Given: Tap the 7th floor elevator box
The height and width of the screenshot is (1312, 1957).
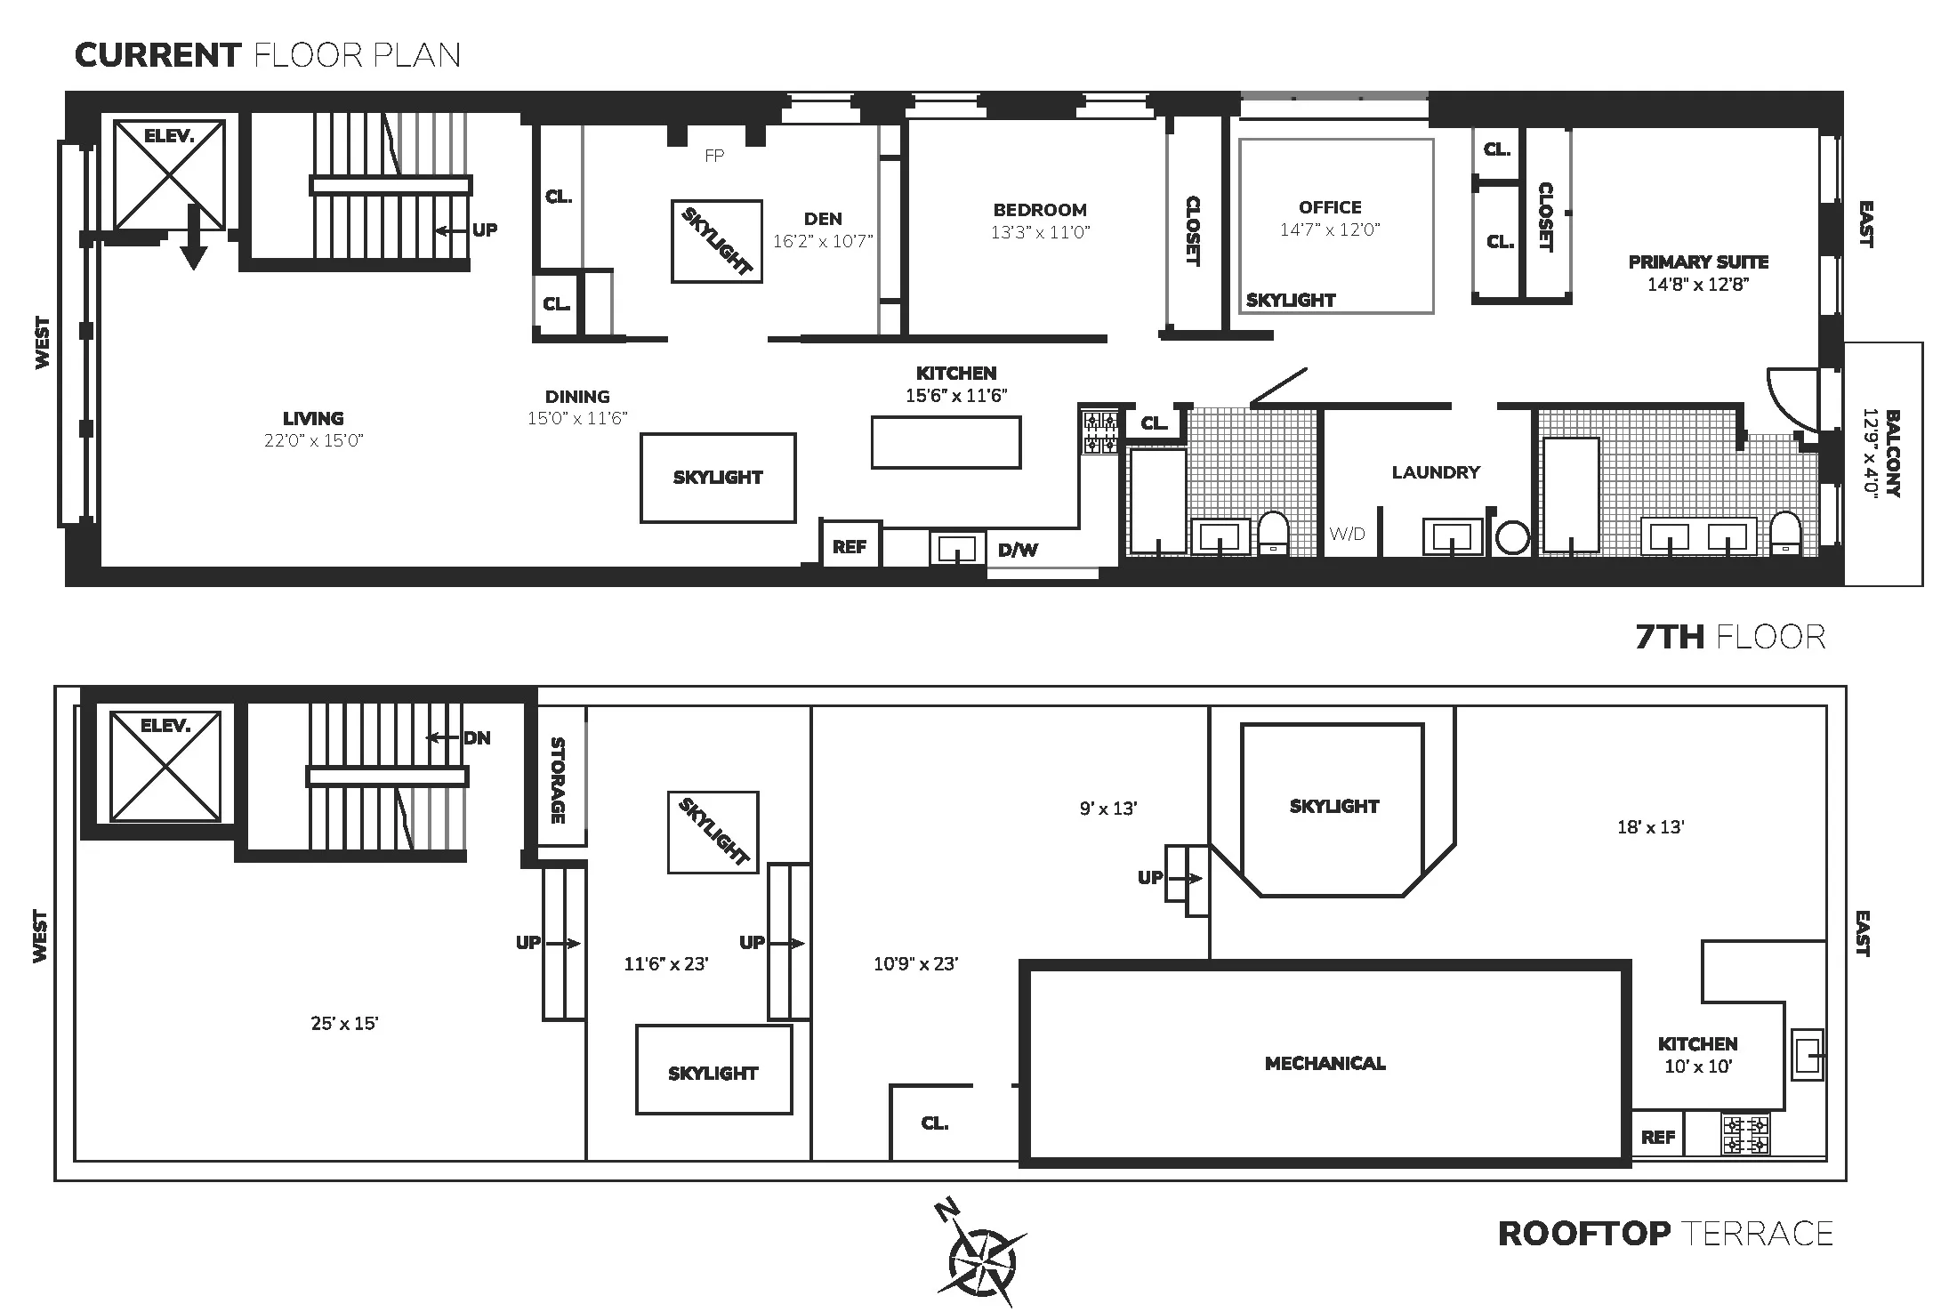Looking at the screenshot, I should (169, 175).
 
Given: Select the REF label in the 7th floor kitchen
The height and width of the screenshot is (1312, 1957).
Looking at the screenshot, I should (850, 547).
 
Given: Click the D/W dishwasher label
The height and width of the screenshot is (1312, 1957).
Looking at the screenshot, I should (1018, 551).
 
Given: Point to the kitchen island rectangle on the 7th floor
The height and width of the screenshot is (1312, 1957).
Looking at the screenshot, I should (946, 442).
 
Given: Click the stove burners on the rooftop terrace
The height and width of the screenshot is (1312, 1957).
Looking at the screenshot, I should (1745, 1135).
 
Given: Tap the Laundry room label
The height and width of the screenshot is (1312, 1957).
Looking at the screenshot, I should (1436, 472).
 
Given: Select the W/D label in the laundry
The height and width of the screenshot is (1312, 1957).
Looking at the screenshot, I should (1347, 534).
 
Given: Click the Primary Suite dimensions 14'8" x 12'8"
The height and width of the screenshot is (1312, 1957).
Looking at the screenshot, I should (1698, 285).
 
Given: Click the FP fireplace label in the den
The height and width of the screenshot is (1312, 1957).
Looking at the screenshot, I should (714, 157).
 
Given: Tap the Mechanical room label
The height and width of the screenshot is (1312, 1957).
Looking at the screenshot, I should (1325, 1064).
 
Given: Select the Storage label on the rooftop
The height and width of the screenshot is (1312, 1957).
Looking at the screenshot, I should (558, 780).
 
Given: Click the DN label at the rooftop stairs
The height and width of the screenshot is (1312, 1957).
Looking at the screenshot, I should (477, 738).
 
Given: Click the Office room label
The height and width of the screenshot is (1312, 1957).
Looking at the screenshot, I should (1330, 207).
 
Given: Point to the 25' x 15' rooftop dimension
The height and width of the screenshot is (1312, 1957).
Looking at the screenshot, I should (344, 1024).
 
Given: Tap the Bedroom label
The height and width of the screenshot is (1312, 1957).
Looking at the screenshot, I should (1040, 210).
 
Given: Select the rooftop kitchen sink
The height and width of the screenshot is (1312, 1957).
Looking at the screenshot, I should (1807, 1055).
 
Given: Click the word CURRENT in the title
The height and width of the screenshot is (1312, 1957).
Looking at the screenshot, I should (157, 55).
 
